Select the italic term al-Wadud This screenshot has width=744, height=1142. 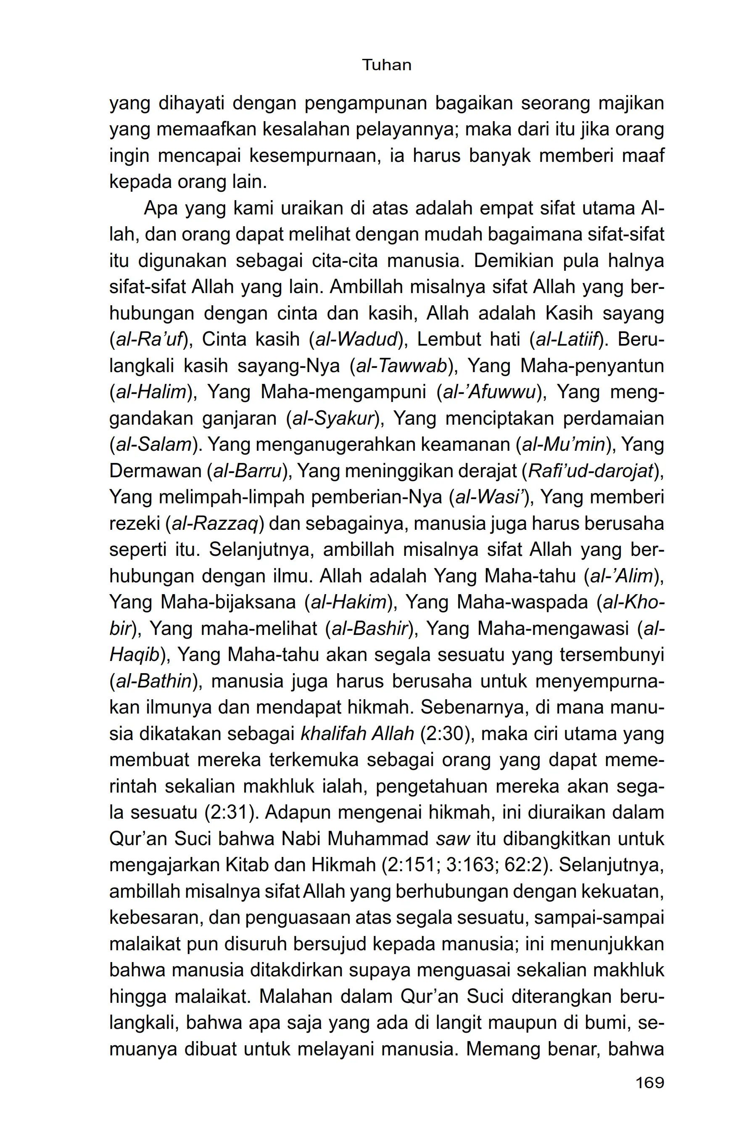coord(356,340)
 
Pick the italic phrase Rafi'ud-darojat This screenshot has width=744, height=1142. coord(590,471)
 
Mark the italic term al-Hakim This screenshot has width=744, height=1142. coord(349,602)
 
